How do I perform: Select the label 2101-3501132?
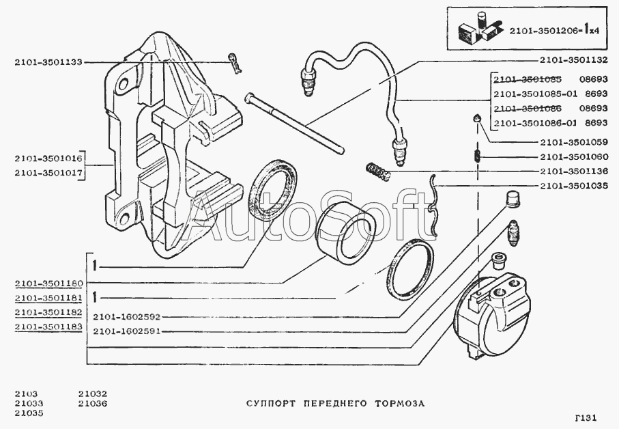[572, 59]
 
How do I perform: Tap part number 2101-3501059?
[572, 143]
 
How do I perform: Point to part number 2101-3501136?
[572, 171]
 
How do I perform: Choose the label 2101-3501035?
[572, 186]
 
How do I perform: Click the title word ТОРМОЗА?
[399, 403]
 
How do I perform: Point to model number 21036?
[93, 403]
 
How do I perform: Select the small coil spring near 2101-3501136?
[377, 170]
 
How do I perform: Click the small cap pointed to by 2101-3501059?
[477, 122]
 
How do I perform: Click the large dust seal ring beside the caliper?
[273, 188]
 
